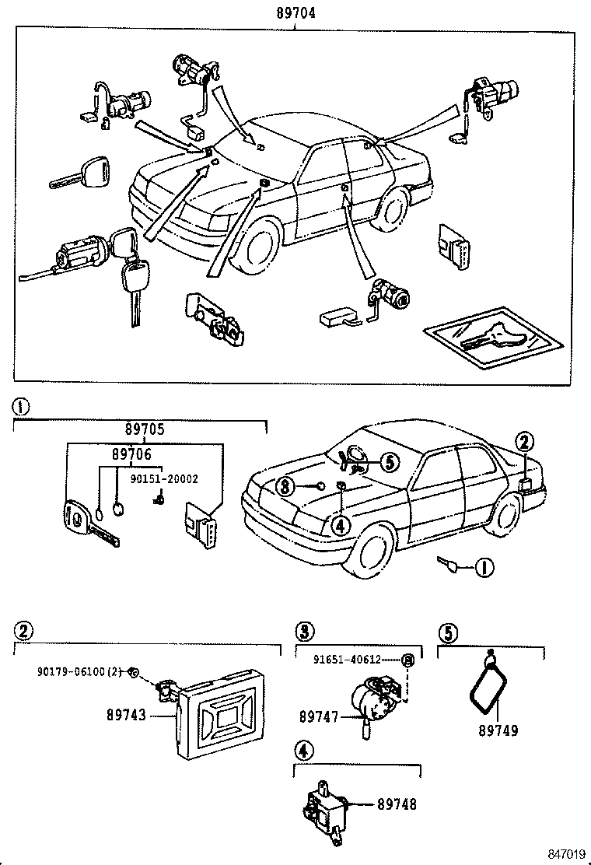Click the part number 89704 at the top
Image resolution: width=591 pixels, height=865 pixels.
point(296,12)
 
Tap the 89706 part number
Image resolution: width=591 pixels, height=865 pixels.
point(131,454)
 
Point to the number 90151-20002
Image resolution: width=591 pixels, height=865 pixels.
point(163,479)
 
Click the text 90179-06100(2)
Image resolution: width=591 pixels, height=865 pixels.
point(80,671)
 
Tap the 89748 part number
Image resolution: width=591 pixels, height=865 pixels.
point(398,804)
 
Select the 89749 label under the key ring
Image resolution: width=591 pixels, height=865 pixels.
point(498,730)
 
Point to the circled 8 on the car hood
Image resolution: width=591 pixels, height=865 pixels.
point(286,487)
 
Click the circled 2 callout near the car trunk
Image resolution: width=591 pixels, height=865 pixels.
point(525,443)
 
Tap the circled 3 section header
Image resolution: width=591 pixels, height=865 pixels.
point(304,630)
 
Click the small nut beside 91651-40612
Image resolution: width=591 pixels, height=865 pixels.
point(407,660)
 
